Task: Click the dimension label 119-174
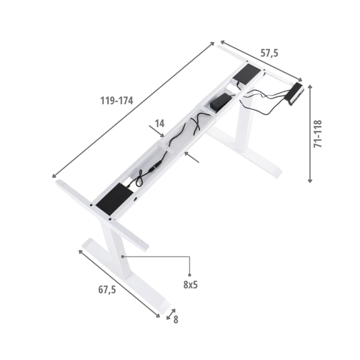tap(116, 100)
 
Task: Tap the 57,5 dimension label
tap(269, 53)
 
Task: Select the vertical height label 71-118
tap(318, 133)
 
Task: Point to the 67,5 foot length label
tap(107, 289)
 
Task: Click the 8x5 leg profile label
tap(190, 284)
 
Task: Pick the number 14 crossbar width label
tap(160, 123)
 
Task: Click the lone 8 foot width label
tap(175, 319)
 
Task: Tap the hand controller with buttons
tap(294, 94)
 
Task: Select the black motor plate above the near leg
tap(114, 198)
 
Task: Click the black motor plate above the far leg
tap(247, 73)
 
